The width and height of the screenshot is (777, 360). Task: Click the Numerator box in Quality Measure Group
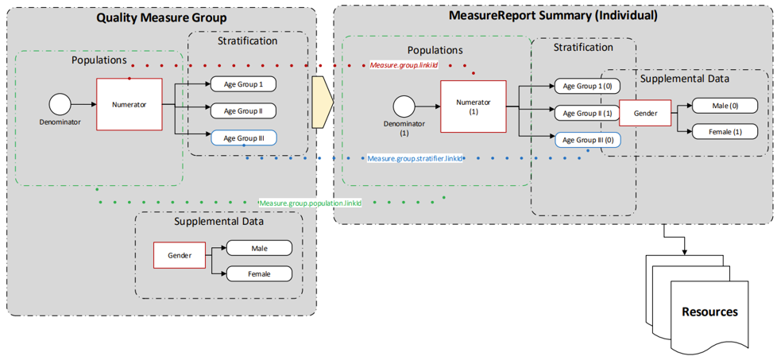point(129,104)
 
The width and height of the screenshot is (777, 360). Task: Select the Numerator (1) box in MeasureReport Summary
point(473,106)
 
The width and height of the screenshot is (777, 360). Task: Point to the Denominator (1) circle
point(404,106)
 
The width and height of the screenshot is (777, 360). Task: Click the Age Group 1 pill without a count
point(243,84)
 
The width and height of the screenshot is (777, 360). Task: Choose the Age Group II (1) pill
point(587,113)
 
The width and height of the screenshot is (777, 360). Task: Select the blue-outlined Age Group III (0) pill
point(587,140)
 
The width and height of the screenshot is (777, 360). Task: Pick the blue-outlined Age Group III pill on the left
point(243,137)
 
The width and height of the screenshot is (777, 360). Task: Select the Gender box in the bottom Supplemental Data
point(180,256)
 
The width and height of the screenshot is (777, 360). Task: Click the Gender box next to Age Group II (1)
point(644,114)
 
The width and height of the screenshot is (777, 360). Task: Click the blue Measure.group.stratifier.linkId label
point(415,159)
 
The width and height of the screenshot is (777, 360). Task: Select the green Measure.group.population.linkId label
point(311,203)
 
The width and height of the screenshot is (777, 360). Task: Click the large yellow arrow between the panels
point(322,103)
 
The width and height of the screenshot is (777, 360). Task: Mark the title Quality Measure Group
point(161,17)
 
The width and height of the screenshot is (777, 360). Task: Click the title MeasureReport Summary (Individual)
point(553,15)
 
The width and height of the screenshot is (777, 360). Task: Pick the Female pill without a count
point(259,274)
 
